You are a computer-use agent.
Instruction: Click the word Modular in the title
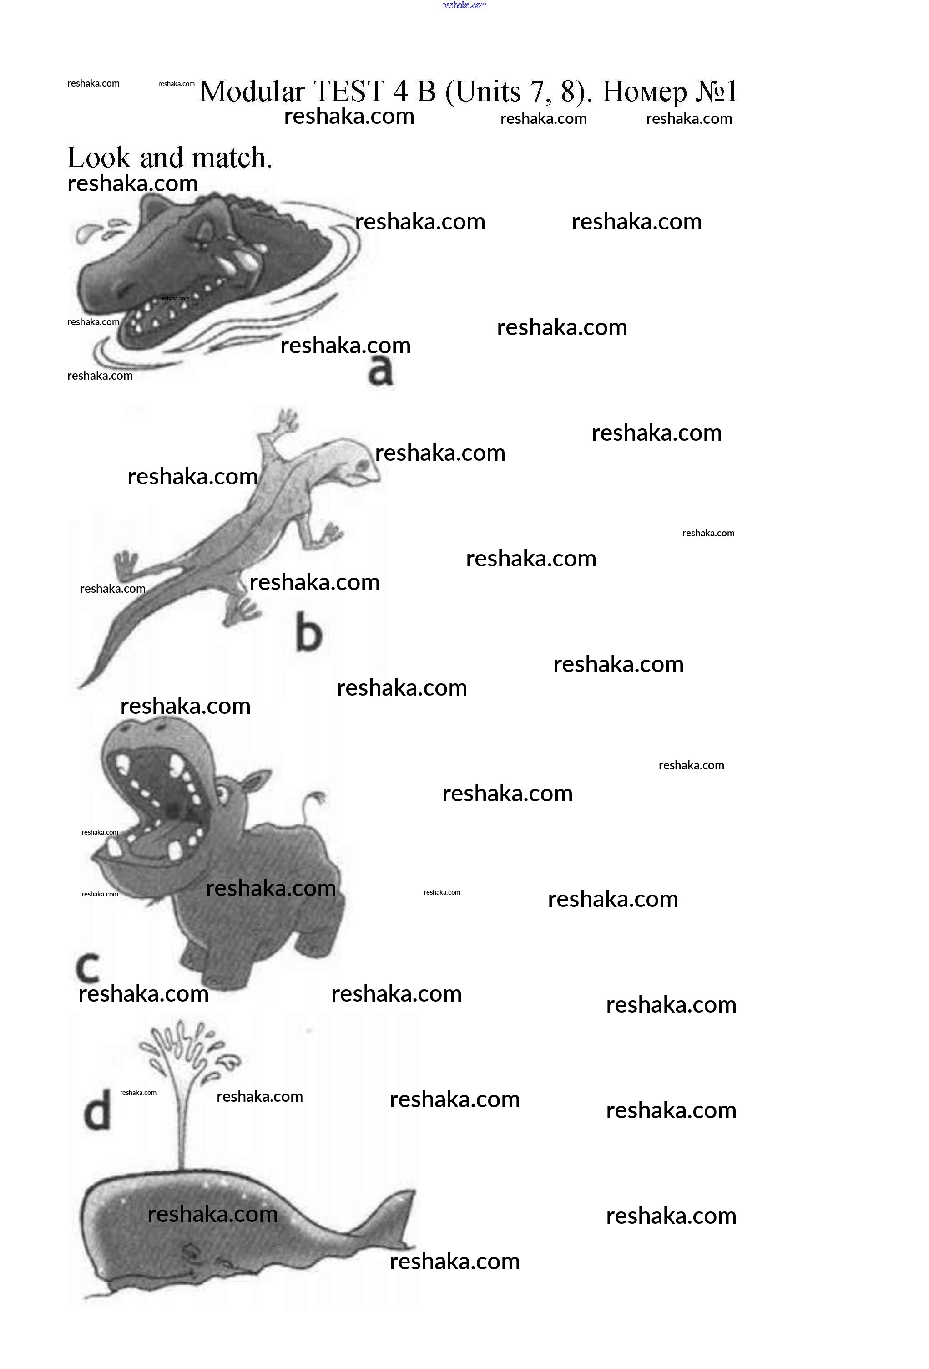252,92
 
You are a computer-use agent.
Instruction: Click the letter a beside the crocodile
380,371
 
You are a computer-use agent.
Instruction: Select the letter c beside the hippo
88,968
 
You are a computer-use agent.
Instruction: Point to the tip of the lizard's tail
80,686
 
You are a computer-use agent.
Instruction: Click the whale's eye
192,1249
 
